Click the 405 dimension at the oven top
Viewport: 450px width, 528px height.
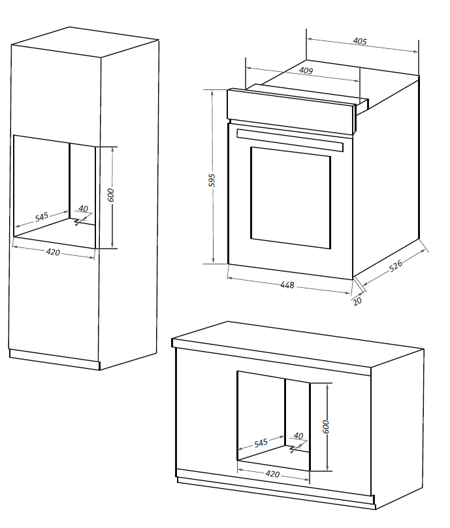click(x=359, y=42)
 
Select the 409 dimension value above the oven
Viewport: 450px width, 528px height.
click(x=305, y=70)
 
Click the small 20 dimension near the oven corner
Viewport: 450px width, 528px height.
click(x=357, y=301)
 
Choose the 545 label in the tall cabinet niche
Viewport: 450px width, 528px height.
click(x=42, y=217)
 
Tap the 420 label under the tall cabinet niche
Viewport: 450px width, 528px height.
click(x=53, y=252)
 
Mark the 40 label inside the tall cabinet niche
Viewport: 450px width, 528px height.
click(x=83, y=209)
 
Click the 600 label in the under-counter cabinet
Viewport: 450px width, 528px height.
click(x=326, y=426)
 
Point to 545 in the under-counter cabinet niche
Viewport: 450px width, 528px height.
click(x=261, y=443)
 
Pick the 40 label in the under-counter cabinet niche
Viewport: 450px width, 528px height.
click(x=298, y=435)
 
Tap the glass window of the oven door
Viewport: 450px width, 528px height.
click(x=290, y=196)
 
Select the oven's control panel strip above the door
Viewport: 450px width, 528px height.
click(x=291, y=104)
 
